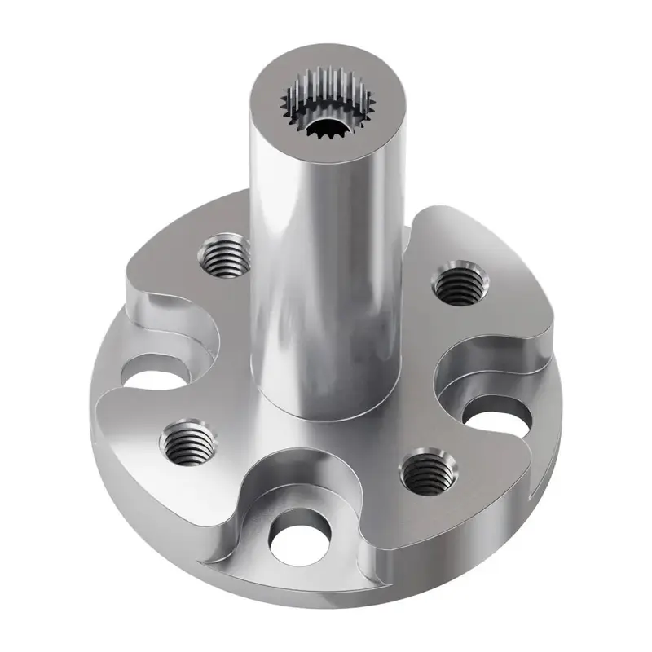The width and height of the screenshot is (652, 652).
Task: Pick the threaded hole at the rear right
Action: click(456, 284)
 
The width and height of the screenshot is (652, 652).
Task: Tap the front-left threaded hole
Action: click(187, 444)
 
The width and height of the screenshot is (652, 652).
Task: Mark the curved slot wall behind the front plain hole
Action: click(293, 481)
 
